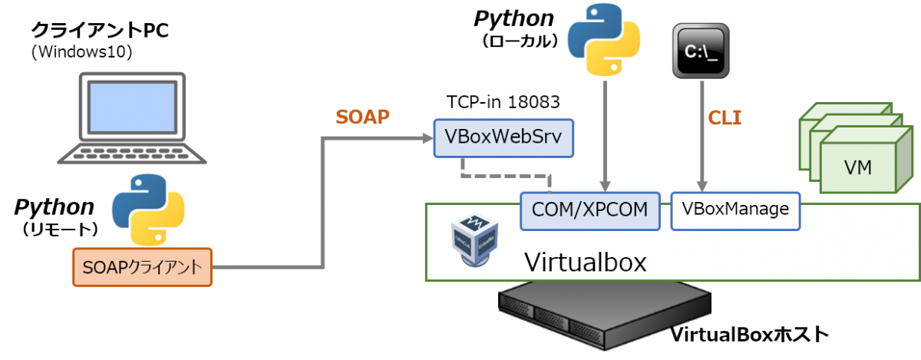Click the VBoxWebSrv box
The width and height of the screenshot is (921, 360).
pos(503,138)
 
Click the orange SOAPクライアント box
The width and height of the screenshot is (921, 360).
pos(142,266)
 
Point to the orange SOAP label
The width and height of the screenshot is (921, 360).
pos(362,117)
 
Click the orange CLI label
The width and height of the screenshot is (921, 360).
pos(725,118)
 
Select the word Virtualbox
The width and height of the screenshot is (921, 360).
pos(585,262)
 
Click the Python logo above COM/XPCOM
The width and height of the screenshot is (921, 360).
pos(603,40)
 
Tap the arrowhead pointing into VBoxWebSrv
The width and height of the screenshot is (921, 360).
pos(427,138)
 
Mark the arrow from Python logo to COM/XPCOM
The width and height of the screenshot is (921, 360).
pos(606,134)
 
